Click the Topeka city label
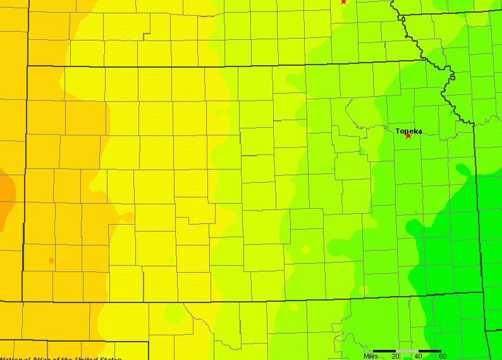pyautogui.click(x=408, y=131)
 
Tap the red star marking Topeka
pyautogui.click(x=408, y=135)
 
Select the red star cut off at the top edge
pyautogui.click(x=343, y=1)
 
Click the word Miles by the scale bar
pyautogui.click(x=372, y=356)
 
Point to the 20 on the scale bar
pyautogui.click(x=396, y=356)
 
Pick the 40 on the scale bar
pyautogui.click(x=418, y=356)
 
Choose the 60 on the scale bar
pyautogui.click(x=442, y=356)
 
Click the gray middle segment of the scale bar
pyautogui.click(x=407, y=351)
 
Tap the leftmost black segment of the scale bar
pyautogui.click(x=384, y=351)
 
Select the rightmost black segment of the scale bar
pyautogui.click(x=430, y=351)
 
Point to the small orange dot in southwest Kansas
pyautogui.click(x=51, y=260)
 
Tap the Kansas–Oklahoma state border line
pyautogui.click(x=253, y=301)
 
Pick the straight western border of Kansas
pyautogui.click(x=25, y=190)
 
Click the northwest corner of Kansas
pyautogui.click(x=27, y=65)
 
